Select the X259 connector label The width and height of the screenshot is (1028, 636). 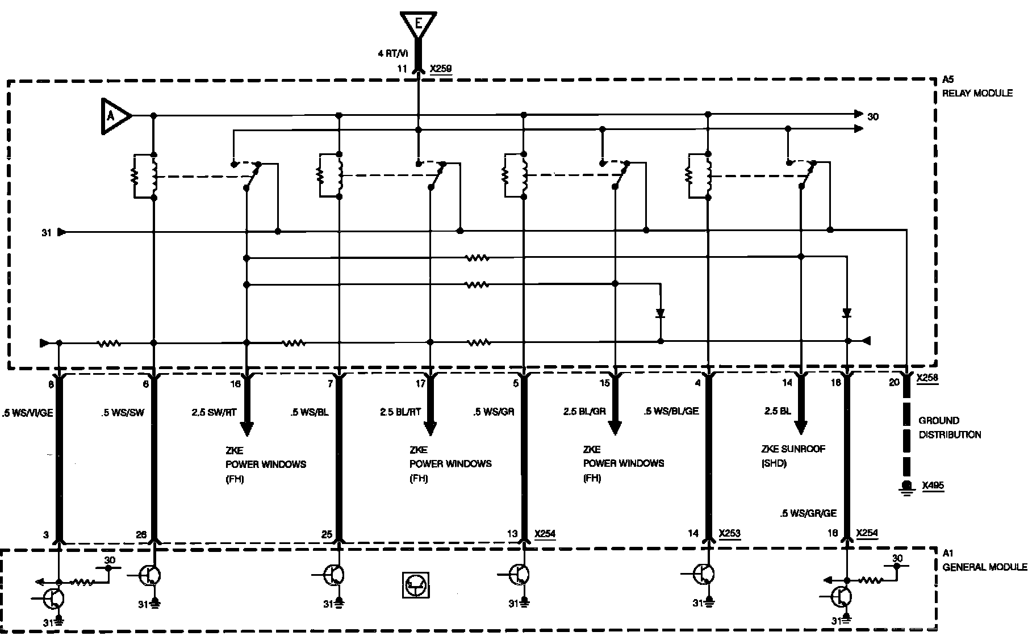441,69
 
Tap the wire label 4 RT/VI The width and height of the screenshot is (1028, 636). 393,53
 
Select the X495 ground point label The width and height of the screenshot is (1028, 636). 933,486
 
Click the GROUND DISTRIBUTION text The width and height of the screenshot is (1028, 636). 950,428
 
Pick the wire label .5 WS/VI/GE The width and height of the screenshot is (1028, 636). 27,413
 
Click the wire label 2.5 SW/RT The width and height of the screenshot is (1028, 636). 214,412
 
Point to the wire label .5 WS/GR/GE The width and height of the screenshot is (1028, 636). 808,513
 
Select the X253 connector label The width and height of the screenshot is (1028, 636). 729,534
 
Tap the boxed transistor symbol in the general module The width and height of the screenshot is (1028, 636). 415,584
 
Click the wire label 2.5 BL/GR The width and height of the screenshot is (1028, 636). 584,412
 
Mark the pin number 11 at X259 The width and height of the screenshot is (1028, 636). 402,69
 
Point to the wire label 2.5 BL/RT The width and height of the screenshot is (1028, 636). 400,412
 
